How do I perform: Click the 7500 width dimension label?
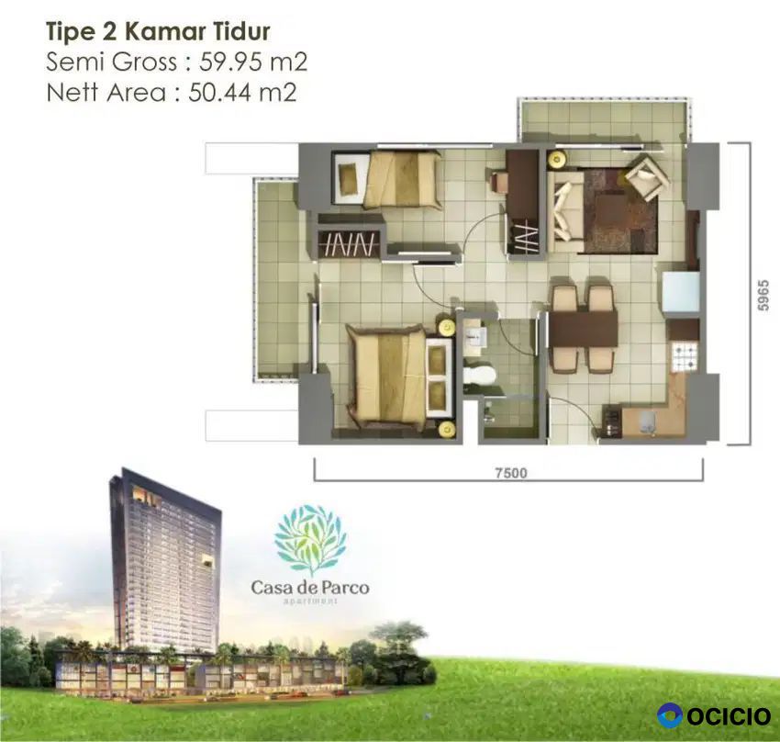(511, 473)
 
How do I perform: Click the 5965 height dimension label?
(763, 296)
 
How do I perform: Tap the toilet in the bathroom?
(480, 376)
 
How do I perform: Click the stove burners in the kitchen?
(685, 357)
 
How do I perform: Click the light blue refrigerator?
(680, 292)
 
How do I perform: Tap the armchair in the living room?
(646, 175)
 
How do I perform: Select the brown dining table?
(583, 328)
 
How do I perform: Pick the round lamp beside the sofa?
(557, 159)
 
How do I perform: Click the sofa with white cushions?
(566, 211)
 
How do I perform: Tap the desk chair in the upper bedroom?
(498, 181)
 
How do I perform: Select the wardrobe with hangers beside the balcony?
(351, 243)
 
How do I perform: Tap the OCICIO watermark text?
(730, 716)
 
